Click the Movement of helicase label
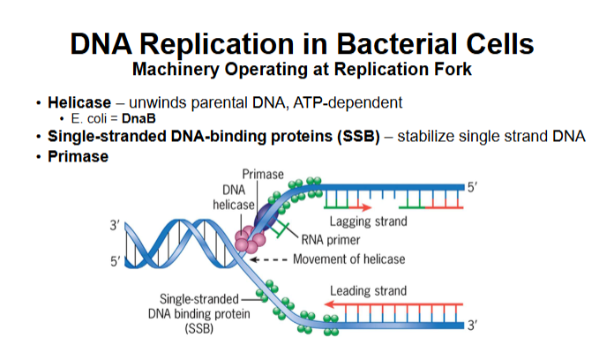tap(349, 259)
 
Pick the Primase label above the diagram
tap(262, 175)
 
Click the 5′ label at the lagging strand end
tap(472, 188)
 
